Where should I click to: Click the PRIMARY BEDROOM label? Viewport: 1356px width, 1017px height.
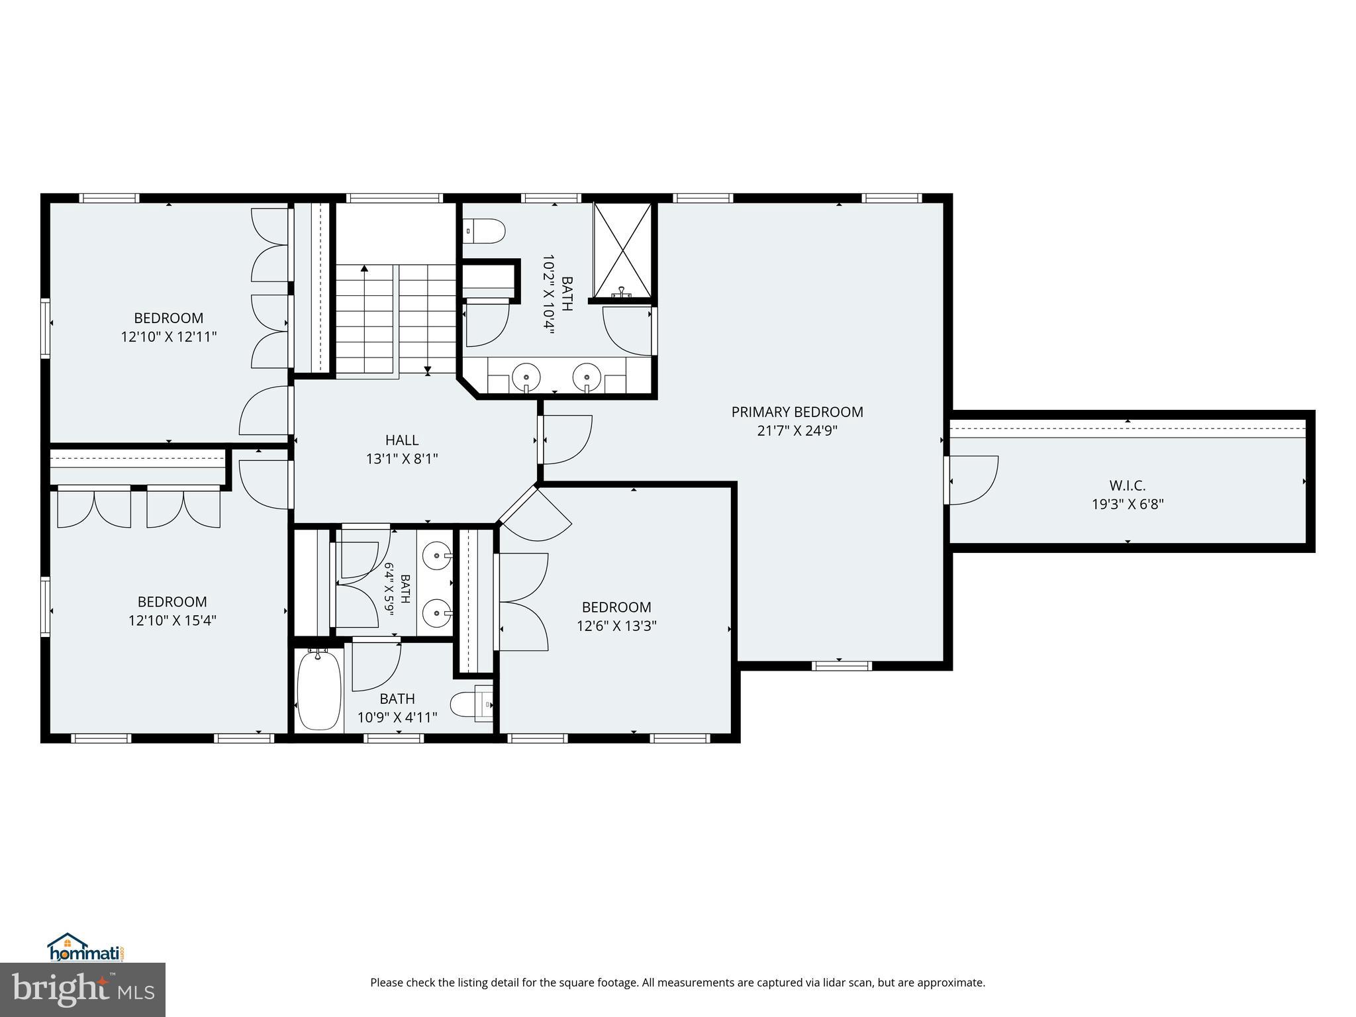(797, 412)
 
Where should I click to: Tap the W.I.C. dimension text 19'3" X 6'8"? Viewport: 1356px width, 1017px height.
(1128, 504)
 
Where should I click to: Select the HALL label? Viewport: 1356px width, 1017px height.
(402, 440)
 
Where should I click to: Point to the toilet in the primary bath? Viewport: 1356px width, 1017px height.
(484, 231)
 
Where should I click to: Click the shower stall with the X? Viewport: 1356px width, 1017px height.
(622, 250)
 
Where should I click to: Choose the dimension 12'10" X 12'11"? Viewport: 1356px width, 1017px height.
(169, 337)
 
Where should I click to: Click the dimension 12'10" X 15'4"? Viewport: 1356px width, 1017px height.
(173, 621)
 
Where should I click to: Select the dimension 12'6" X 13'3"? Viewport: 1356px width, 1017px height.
(616, 626)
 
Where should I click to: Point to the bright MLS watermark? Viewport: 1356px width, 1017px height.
(83, 990)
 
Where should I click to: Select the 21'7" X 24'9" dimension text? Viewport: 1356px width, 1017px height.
(797, 431)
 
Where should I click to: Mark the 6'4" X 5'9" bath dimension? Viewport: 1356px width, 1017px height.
(389, 589)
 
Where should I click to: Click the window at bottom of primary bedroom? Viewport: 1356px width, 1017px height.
(842, 665)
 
